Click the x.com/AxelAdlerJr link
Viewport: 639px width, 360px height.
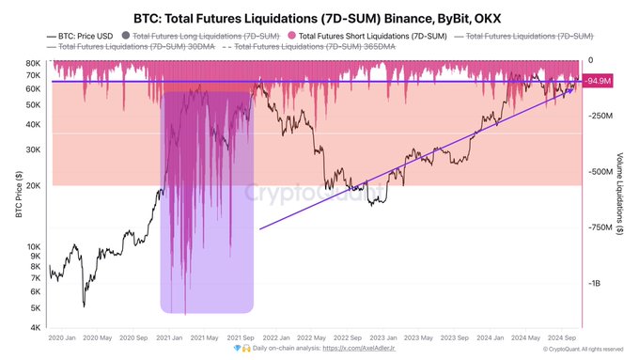click(x=359, y=349)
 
